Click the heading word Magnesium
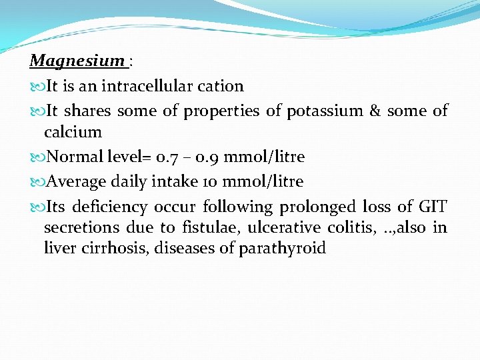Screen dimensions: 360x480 77,61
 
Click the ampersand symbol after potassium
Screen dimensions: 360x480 375,111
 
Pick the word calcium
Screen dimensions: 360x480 73,132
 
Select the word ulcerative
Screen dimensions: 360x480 284,227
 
